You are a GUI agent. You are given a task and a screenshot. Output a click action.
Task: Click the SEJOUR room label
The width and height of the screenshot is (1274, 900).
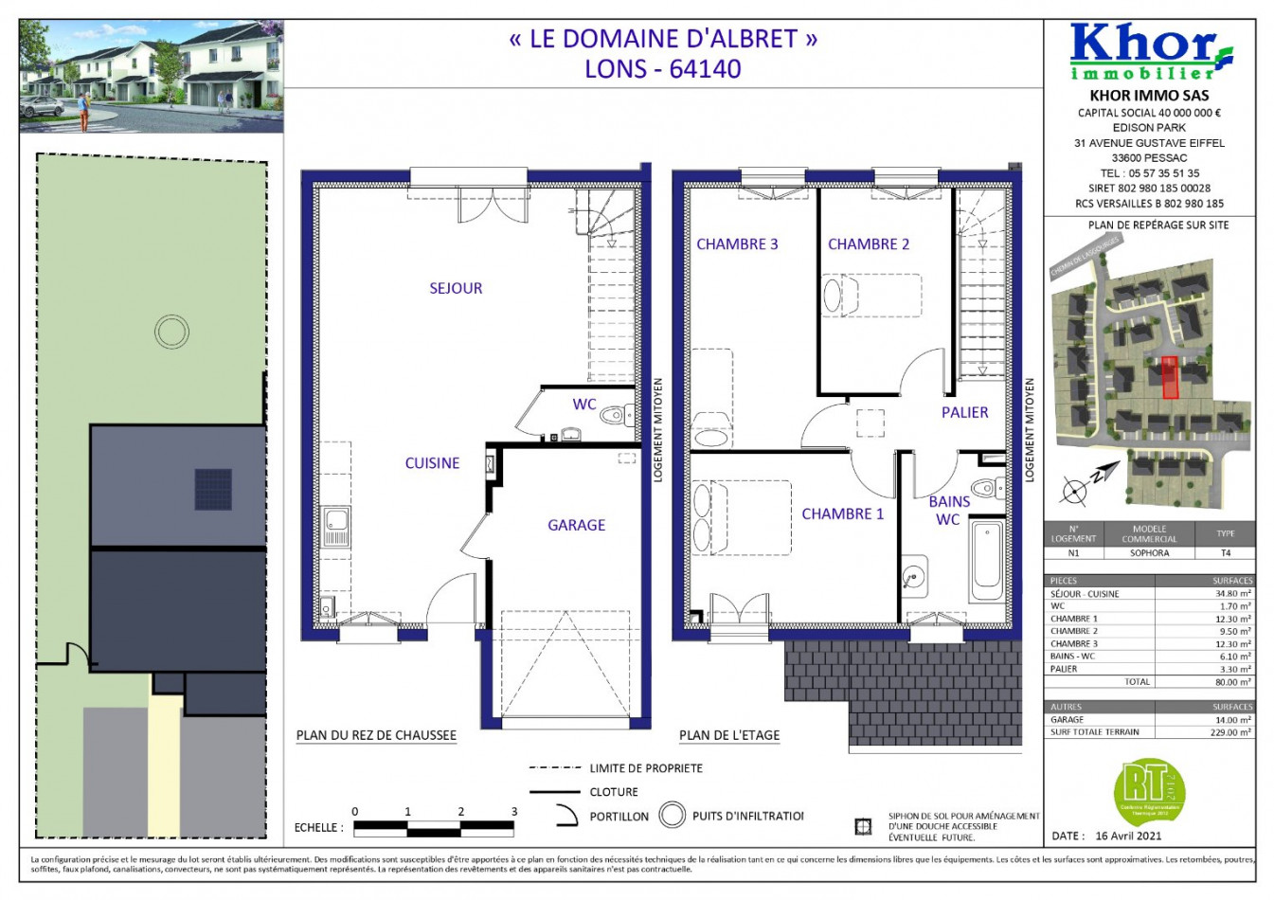pos(456,288)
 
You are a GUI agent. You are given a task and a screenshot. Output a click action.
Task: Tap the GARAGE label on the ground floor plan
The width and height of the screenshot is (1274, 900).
pos(576,525)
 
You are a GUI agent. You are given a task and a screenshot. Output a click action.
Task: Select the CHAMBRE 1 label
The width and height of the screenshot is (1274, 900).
pos(842,513)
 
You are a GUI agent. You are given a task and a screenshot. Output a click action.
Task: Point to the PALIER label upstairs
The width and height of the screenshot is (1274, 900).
pos(964,412)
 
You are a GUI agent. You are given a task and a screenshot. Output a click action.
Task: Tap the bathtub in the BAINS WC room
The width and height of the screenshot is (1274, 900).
pos(986,559)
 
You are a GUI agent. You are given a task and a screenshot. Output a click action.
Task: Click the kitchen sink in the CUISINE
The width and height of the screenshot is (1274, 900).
pos(336,526)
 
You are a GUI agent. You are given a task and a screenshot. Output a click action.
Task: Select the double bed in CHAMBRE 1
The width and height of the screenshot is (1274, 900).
pos(742,517)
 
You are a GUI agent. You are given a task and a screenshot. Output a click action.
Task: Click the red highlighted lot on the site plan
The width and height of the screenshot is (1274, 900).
pos(1170,377)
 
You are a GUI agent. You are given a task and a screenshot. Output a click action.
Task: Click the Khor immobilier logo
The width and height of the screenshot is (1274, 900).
pos(1149,53)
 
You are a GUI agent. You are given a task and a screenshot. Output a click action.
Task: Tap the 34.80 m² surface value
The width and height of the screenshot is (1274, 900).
pos(1232,594)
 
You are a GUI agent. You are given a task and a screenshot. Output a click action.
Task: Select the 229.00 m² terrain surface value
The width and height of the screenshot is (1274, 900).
pos(1230,732)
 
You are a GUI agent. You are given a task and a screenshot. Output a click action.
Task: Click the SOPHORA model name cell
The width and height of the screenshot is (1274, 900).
pos(1149,553)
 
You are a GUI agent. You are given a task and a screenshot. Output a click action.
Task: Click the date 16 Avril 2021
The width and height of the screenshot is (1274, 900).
pos(1127,836)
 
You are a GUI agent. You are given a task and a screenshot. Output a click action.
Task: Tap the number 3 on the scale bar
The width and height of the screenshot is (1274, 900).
pos(514,812)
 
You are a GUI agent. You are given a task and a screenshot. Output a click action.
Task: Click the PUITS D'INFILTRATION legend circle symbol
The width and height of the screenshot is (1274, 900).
pos(673,815)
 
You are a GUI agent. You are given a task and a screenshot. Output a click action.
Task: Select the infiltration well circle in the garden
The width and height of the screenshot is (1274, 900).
pos(172,333)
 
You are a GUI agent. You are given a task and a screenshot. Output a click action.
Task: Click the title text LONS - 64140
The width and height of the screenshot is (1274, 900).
pos(662,69)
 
